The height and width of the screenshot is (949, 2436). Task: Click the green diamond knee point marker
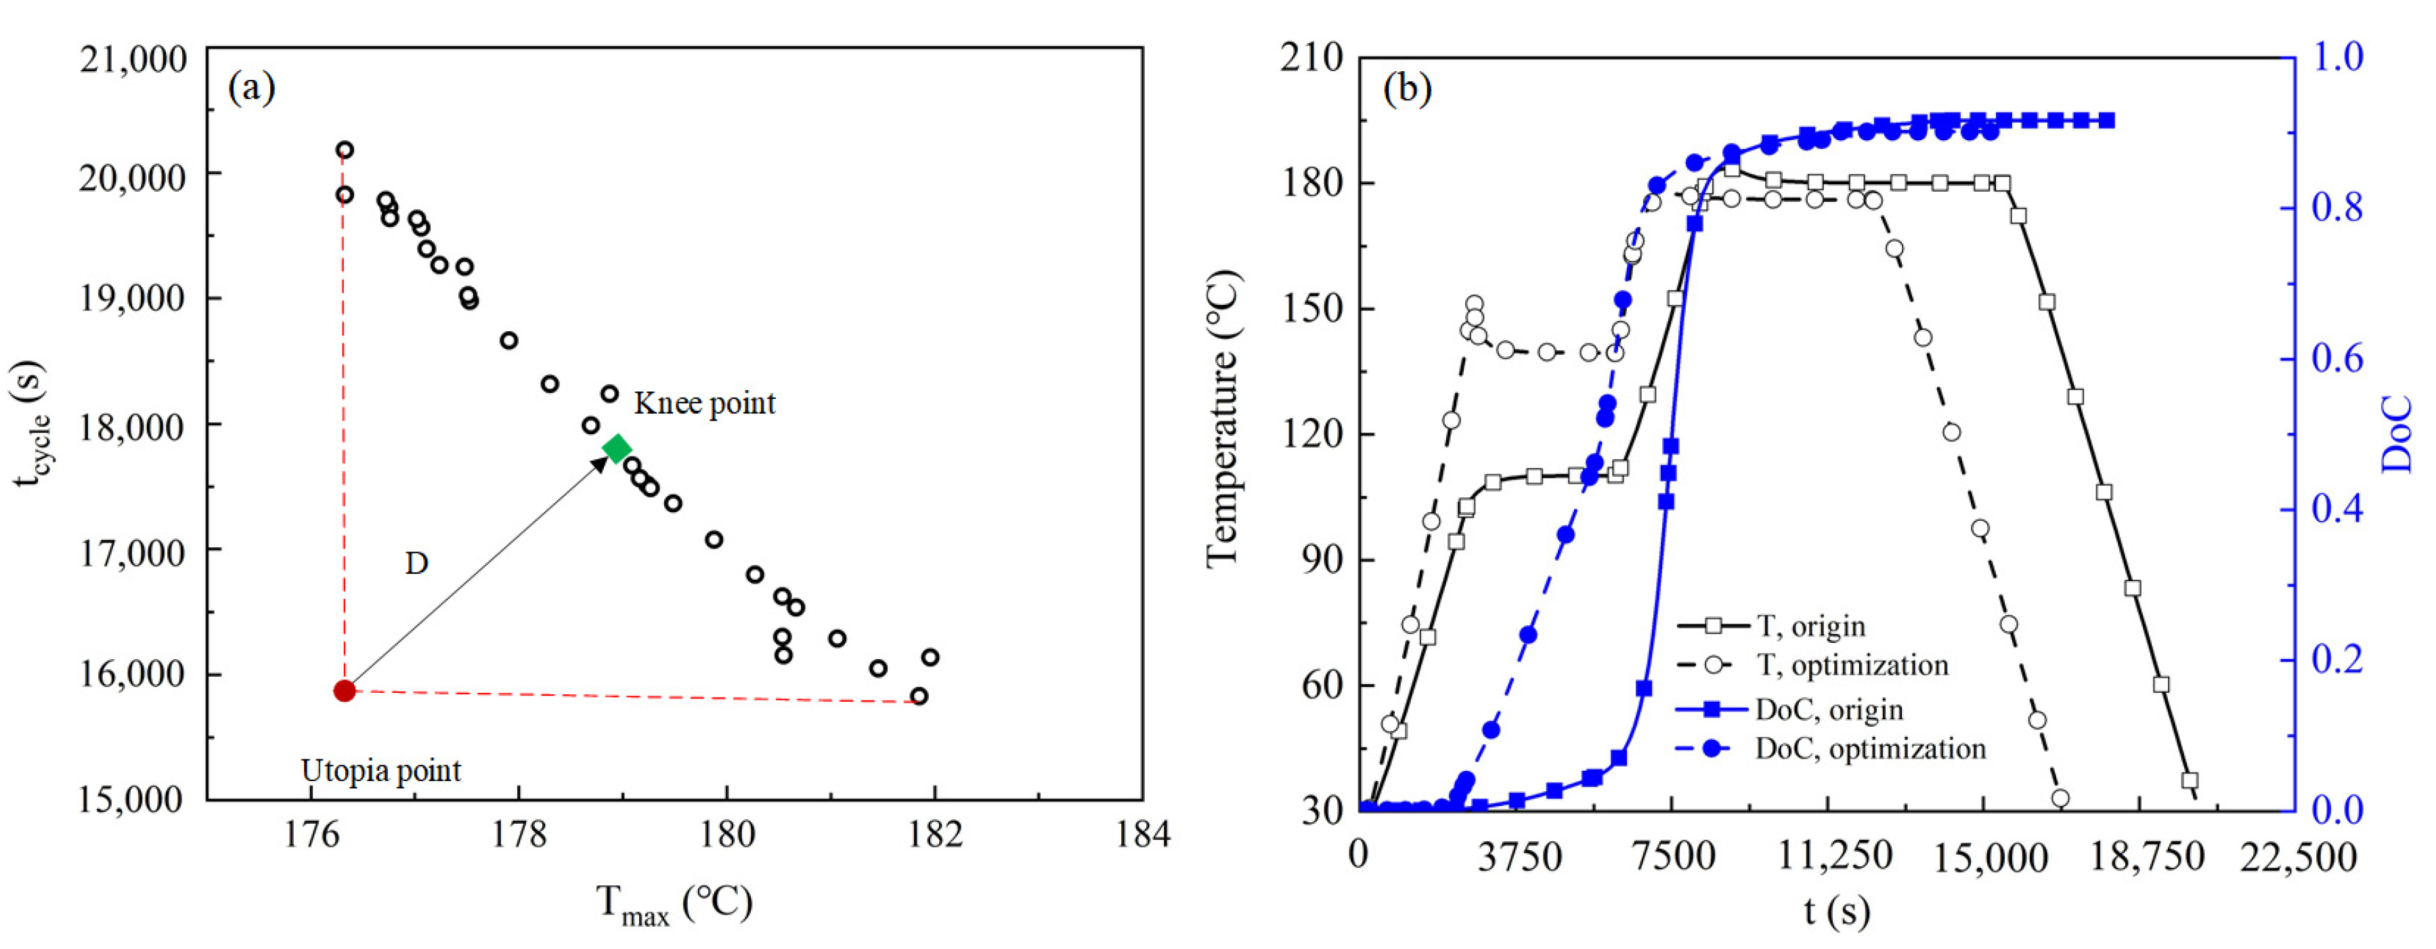click(617, 448)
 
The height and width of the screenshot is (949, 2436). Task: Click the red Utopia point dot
click(344, 691)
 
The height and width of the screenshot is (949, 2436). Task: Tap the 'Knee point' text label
click(705, 404)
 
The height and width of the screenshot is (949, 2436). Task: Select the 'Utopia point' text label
click(381, 771)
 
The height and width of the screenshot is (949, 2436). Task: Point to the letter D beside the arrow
click(416, 564)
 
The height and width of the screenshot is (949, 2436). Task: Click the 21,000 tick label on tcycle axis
click(133, 60)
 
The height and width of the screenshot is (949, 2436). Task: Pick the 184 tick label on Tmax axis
click(1142, 835)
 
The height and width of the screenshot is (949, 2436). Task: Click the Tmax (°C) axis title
click(673, 904)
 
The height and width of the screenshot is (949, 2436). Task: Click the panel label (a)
click(252, 89)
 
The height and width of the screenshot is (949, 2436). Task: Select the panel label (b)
click(1407, 89)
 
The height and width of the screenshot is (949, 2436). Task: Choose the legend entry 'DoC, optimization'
click(1869, 749)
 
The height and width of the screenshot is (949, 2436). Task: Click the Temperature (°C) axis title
click(1223, 420)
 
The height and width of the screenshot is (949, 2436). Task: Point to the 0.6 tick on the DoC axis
click(2336, 360)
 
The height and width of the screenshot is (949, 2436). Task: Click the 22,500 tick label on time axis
click(2297, 858)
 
